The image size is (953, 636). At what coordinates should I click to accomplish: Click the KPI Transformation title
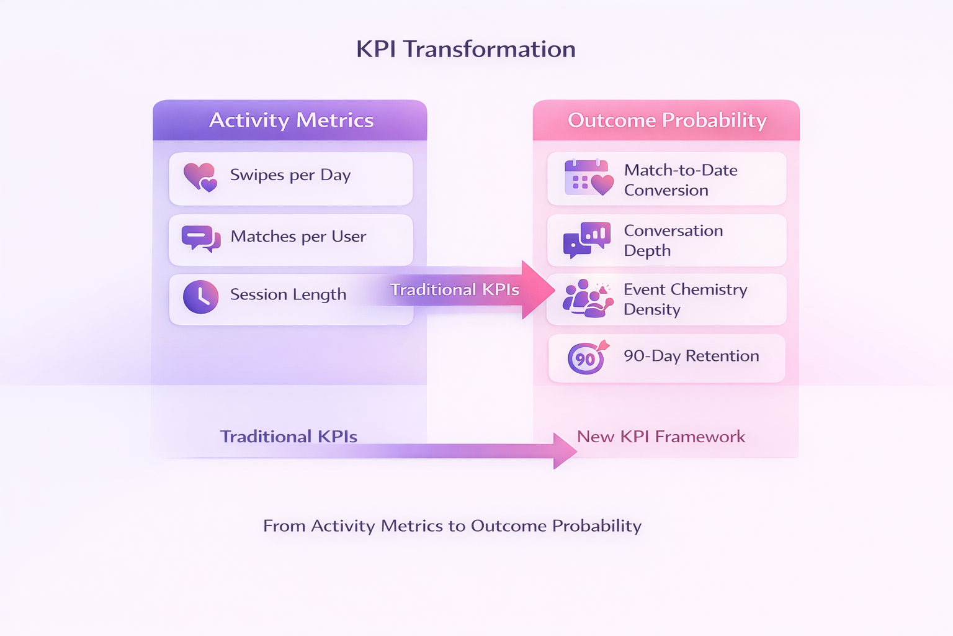click(465, 50)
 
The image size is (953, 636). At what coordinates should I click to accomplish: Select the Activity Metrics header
click(291, 120)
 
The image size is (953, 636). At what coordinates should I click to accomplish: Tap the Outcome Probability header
click(667, 120)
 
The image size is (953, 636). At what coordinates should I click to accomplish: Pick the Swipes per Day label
click(290, 175)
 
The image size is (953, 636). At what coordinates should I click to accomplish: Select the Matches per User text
click(298, 237)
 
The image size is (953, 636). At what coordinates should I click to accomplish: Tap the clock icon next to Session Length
click(200, 297)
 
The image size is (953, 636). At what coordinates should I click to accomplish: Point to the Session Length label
click(288, 294)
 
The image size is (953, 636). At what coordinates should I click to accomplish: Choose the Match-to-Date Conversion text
click(681, 180)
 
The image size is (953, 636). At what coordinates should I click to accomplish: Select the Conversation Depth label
click(673, 240)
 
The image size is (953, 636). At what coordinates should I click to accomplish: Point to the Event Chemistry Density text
click(685, 299)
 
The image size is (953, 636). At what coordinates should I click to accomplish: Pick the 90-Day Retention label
click(691, 356)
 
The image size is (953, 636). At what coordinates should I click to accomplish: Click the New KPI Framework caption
click(661, 437)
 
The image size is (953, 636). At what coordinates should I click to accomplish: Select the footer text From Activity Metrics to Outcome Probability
click(452, 526)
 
